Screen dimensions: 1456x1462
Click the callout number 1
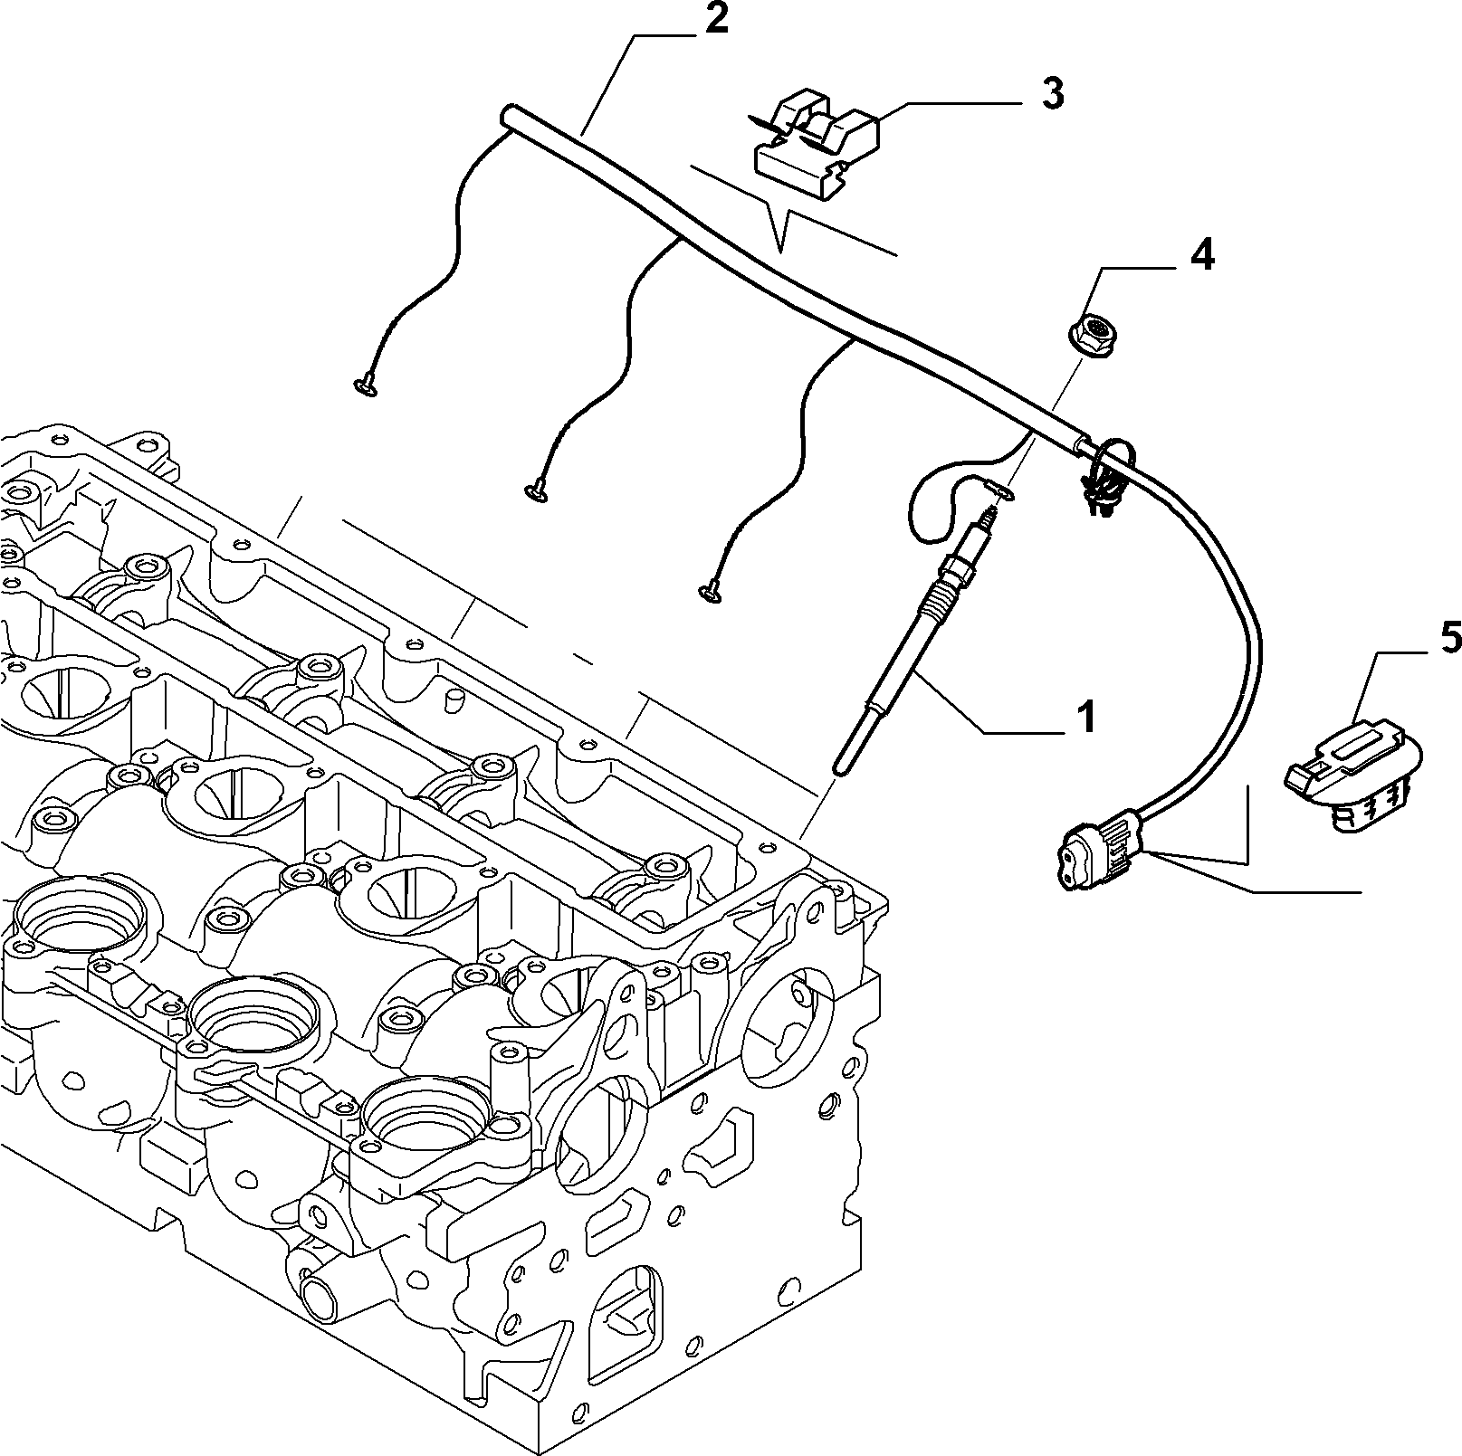point(1085,717)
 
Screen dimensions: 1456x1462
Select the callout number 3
point(1051,94)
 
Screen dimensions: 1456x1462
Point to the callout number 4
point(1200,256)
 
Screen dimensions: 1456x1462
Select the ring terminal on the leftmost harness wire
point(366,387)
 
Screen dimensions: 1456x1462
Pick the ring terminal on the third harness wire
point(708,593)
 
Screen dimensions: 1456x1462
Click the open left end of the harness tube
point(508,115)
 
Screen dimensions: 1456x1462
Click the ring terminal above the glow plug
point(1003,491)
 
